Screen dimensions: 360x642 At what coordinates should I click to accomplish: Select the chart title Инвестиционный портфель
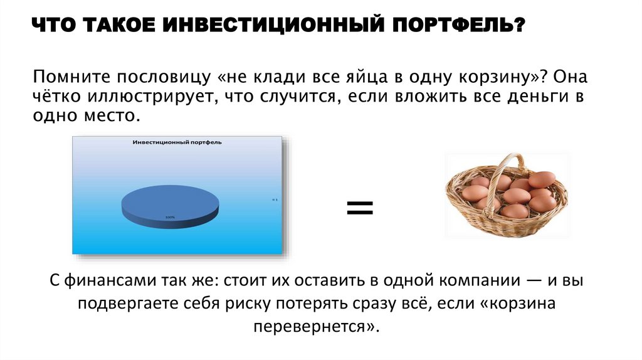click(177, 142)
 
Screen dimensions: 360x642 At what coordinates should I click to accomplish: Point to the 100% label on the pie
click(170, 218)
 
